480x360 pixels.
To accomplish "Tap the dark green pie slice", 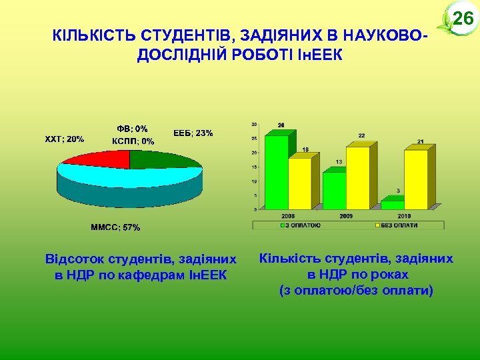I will (163, 159).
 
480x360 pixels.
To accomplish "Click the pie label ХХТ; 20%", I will (64, 139).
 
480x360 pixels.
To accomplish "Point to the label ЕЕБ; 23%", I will (193, 133).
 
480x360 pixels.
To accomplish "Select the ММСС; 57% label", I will (115, 227).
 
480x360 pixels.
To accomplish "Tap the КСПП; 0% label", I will (133, 141).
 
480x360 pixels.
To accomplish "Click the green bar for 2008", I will (276, 172).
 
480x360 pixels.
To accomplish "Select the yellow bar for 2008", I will (301, 183).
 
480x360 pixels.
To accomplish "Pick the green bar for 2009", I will (334, 191).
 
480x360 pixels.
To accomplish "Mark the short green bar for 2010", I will (392, 205).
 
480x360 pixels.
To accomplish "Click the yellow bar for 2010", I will (416, 179).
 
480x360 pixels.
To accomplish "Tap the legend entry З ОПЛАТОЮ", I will (303, 225).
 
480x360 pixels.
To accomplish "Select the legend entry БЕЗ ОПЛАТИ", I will (397, 225).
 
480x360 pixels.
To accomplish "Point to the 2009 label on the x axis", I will (346, 216).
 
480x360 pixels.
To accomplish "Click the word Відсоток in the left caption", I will (73, 258).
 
